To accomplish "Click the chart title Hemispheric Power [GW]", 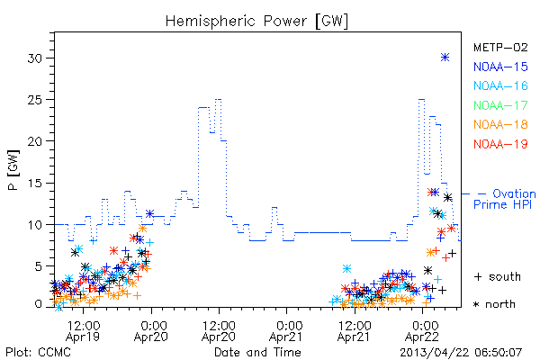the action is pos(256,22).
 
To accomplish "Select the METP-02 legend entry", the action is pos(500,47).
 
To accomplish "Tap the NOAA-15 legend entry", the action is pos(500,67).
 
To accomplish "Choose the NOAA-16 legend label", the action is pos(500,85).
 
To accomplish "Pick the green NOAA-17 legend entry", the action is pos(500,105).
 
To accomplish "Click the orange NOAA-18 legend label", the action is pos(500,124).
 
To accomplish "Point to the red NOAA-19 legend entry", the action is pos(500,144).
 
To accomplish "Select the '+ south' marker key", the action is pos(498,276).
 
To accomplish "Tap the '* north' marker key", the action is pos(494,304).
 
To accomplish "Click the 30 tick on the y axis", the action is pos(35,58).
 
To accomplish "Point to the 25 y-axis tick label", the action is pos(35,100).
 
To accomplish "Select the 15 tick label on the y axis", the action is pos(35,183).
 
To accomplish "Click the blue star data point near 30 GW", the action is pos(445,58).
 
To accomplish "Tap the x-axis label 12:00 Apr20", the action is pos(219,331).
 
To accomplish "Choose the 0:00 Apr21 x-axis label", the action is pos(286,331).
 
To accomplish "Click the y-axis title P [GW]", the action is pos(13,170).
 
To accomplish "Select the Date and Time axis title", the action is pos(257,352).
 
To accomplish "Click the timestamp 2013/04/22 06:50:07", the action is pos(461,353).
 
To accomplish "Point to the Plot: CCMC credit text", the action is pos(38,353).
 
